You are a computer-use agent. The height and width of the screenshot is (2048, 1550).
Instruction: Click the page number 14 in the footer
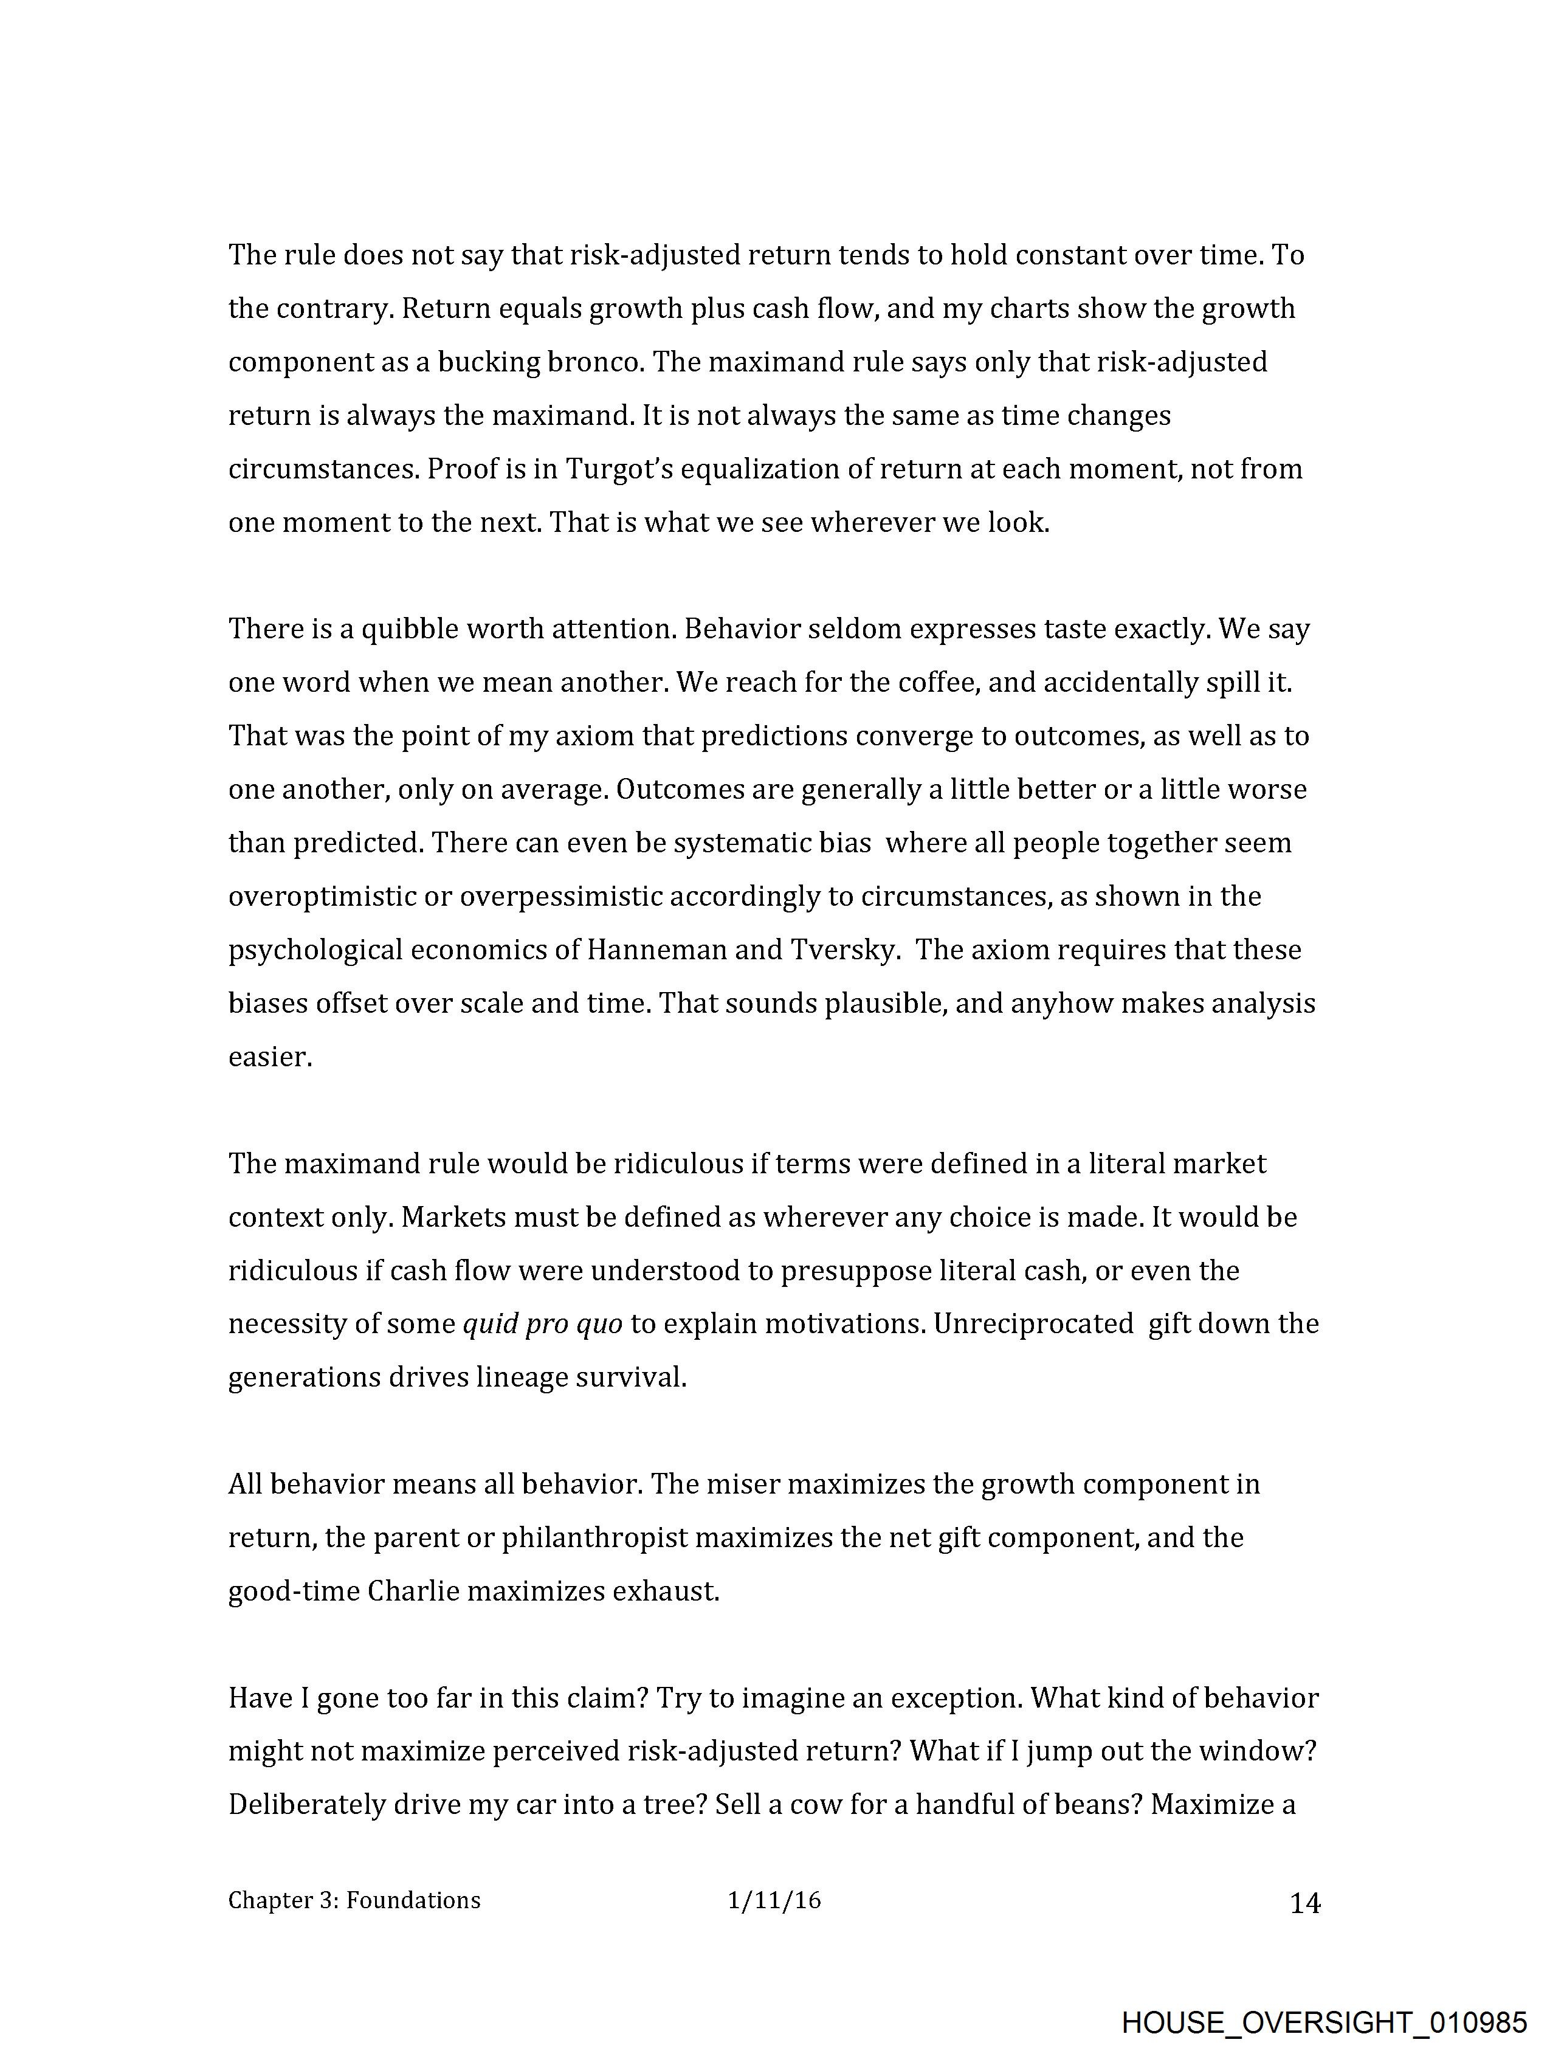[1304, 1903]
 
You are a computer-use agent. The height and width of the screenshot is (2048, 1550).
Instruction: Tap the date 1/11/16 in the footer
[774, 1901]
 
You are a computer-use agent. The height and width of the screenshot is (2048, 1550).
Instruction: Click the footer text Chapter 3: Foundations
[354, 1901]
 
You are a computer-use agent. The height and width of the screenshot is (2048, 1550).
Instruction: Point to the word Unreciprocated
[1033, 1325]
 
